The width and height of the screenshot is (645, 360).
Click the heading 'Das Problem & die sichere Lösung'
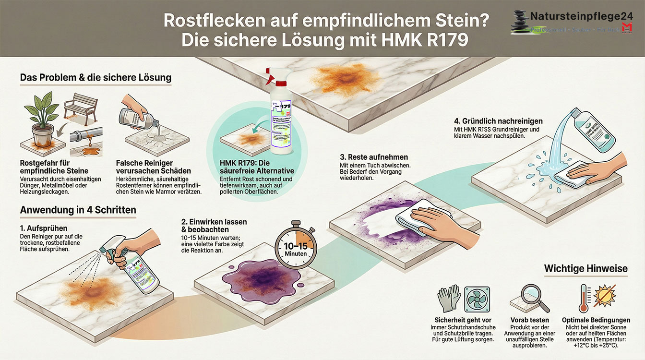pyautogui.click(x=96, y=77)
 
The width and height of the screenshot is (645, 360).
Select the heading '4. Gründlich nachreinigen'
pyautogui.click(x=502, y=121)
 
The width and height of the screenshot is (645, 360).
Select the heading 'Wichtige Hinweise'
pyautogui.click(x=585, y=268)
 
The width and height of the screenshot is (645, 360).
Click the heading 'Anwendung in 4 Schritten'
pyautogui.click(x=78, y=210)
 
